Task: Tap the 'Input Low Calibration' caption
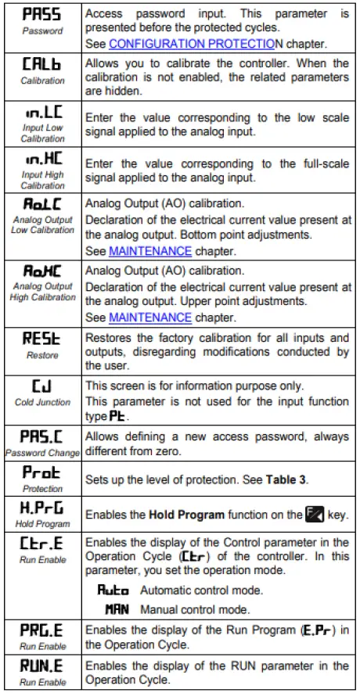click(x=42, y=133)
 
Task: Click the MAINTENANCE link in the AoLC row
click(x=149, y=251)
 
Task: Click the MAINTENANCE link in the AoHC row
click(x=149, y=317)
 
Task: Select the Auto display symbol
click(x=112, y=593)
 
